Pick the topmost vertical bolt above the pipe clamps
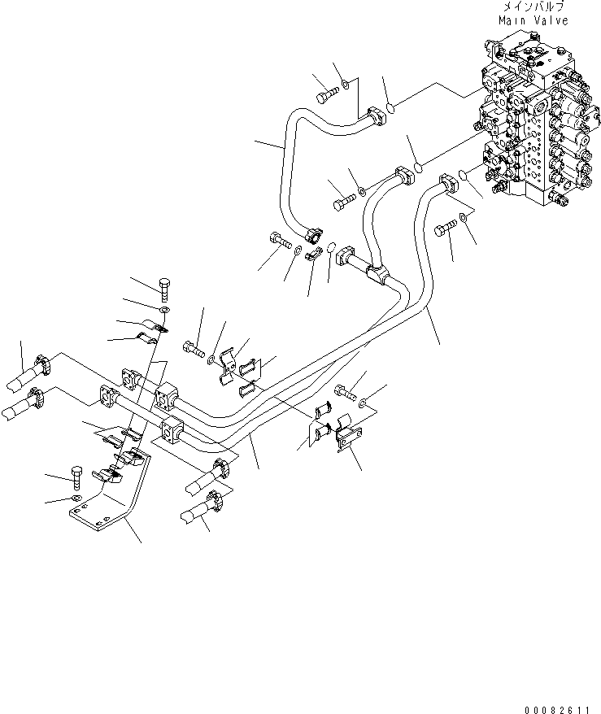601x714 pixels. (x=163, y=289)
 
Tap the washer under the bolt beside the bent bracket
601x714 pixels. (x=76, y=497)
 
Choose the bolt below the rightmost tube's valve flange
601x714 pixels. (x=444, y=229)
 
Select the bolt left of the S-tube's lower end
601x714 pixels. (x=278, y=239)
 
